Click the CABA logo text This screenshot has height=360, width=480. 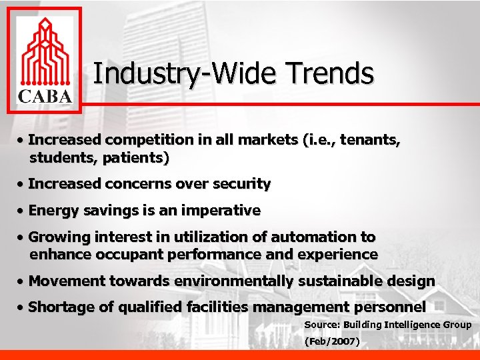(44, 96)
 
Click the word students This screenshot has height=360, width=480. (56, 159)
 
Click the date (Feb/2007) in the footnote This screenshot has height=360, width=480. (332, 341)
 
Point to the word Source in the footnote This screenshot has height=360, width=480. (321, 325)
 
